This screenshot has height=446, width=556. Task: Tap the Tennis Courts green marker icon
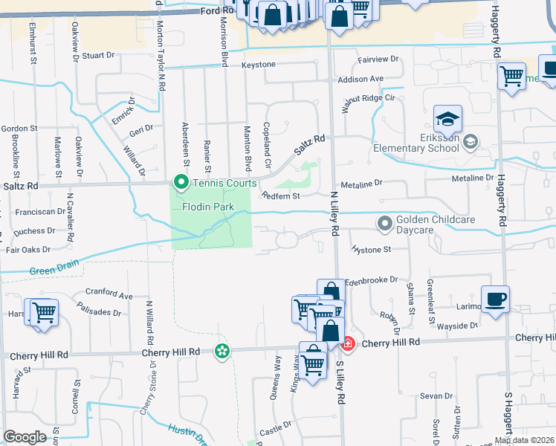coord(180,181)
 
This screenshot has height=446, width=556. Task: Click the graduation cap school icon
coord(448,119)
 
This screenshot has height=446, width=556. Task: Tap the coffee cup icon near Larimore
coord(495,300)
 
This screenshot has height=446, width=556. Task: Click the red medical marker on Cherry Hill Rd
coord(346,343)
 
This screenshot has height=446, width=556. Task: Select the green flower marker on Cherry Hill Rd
coord(222,350)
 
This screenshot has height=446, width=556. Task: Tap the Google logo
coord(25,437)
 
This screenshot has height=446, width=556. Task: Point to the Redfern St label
coord(279,196)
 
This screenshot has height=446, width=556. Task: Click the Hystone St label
coord(371,250)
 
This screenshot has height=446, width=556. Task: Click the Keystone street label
coord(258,65)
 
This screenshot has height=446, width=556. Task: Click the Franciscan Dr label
coord(40,211)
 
